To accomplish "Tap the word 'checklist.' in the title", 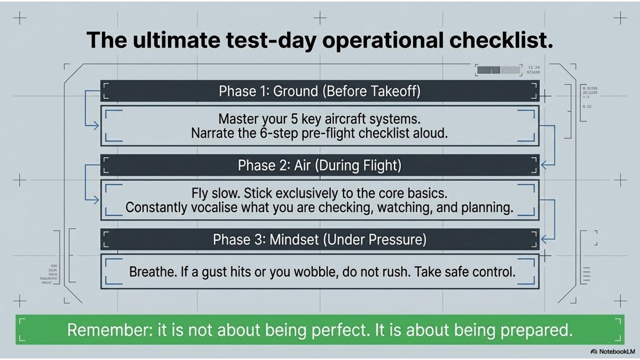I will [501, 40].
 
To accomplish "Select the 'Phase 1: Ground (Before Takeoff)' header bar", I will [319, 91].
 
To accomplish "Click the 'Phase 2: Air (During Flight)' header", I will [319, 165].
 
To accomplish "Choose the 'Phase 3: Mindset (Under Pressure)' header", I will [319, 240].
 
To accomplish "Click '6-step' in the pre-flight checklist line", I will [279, 133].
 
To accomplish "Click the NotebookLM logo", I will [613, 352].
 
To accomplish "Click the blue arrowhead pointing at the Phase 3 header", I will [544, 238].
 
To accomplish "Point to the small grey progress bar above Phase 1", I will [499, 70].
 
